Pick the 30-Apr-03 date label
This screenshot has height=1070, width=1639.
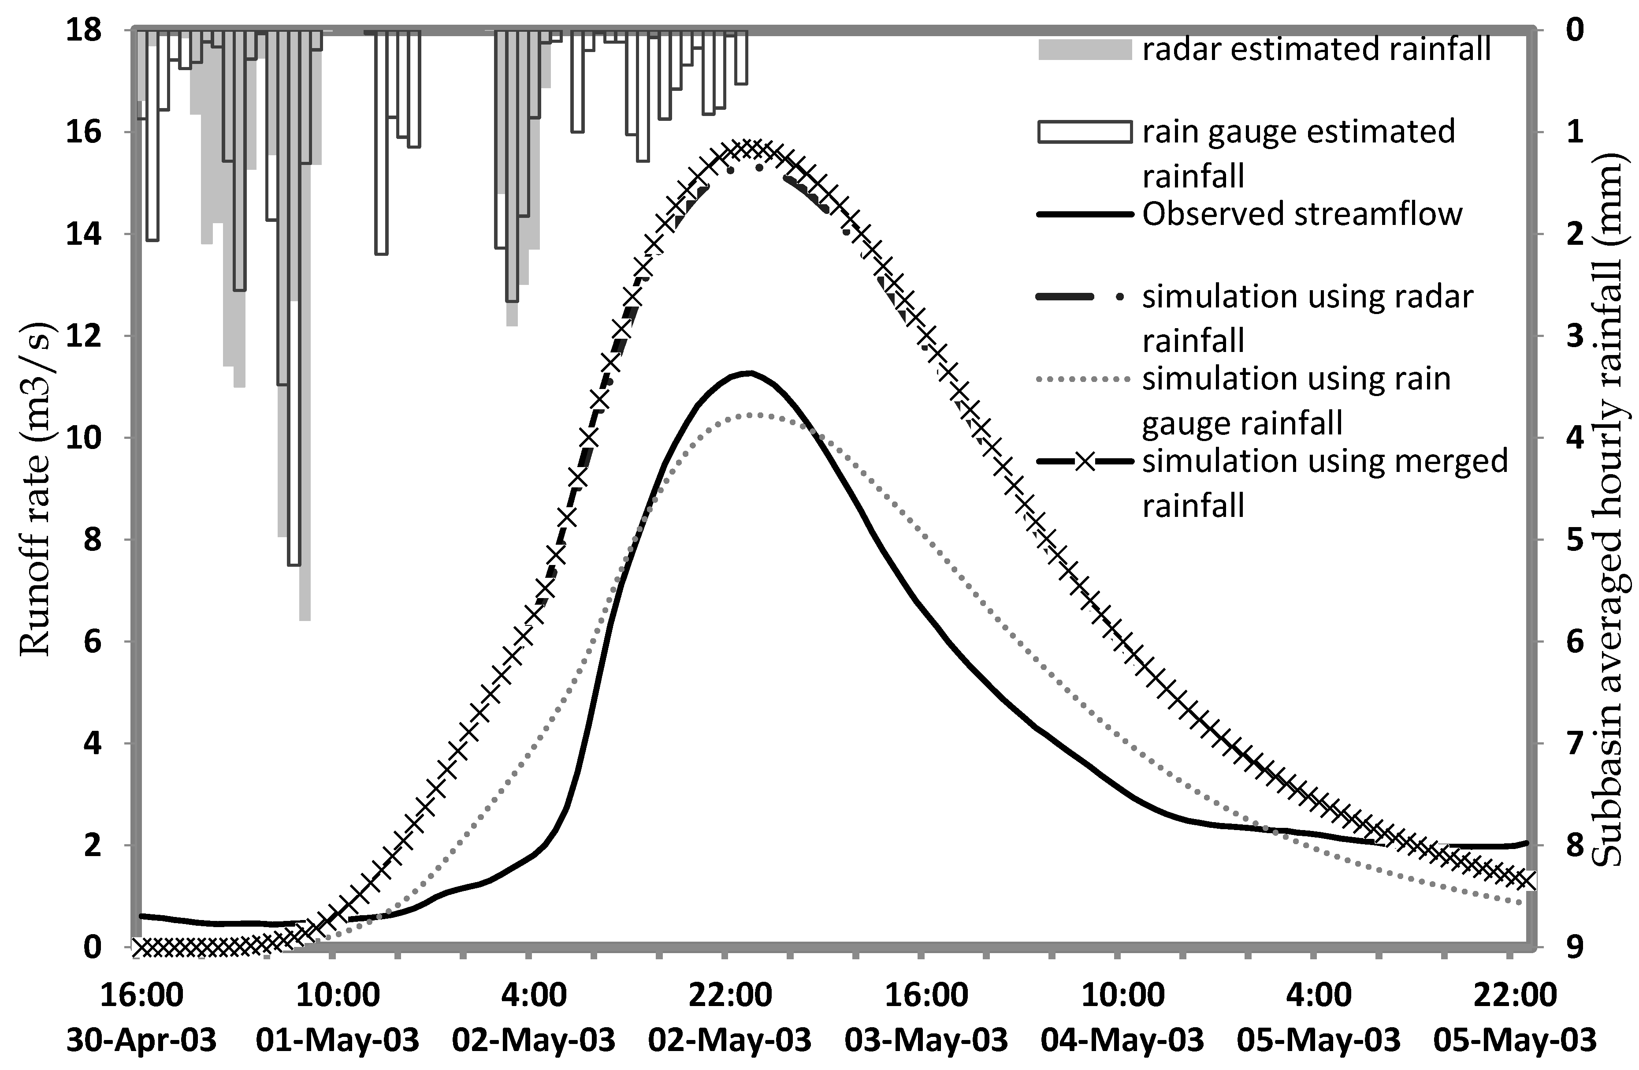pos(141,1039)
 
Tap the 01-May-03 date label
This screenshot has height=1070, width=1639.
pos(338,1039)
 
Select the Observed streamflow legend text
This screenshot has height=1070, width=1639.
pos(1301,213)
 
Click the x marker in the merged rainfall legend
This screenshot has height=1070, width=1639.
pos(1085,461)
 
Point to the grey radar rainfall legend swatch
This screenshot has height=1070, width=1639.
pos(1084,49)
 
